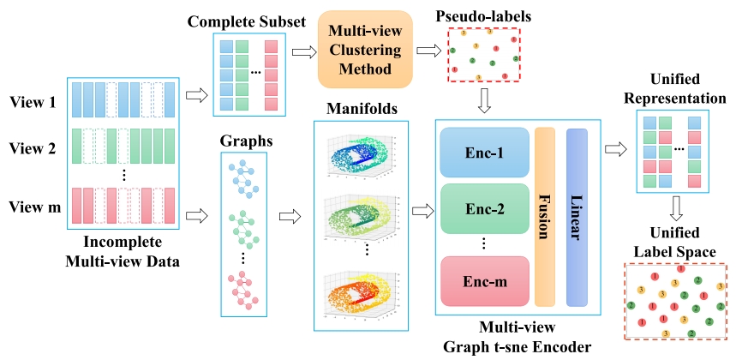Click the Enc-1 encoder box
[482, 153]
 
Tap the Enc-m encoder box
[482, 280]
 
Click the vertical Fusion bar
[545, 216]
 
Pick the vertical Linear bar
[577, 216]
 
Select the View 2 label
[33, 147]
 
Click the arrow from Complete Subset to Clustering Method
[302, 52]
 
